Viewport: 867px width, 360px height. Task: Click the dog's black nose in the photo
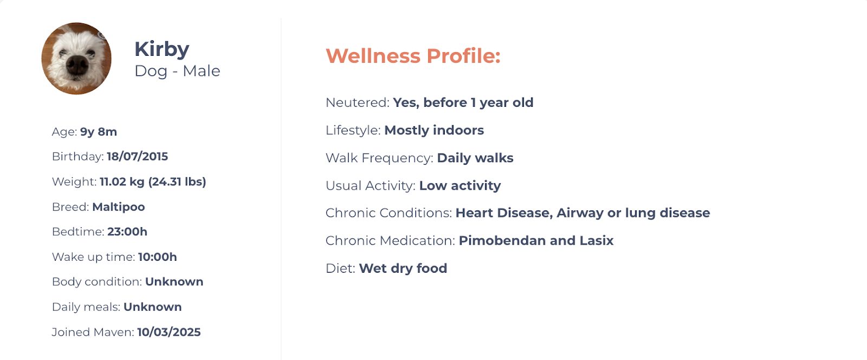tap(78, 65)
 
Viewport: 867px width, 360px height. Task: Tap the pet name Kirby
tap(162, 49)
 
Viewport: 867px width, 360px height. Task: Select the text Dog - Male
tap(177, 71)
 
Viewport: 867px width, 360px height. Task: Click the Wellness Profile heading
tap(413, 56)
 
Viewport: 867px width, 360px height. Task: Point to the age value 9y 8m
tap(98, 132)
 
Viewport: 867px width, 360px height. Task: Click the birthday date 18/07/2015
tap(138, 156)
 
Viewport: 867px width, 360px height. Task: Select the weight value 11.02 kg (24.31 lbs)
tap(153, 182)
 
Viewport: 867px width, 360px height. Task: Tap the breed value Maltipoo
tap(119, 207)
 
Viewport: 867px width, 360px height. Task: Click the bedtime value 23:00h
tap(127, 232)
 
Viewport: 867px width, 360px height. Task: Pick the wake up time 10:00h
tap(158, 256)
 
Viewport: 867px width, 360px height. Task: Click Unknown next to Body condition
tap(174, 281)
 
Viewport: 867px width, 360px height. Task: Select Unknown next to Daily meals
tap(152, 306)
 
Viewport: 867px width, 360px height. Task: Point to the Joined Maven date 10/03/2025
tap(169, 332)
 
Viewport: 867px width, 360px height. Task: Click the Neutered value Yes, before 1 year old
tap(463, 102)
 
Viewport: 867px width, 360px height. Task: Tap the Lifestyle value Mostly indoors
tap(434, 130)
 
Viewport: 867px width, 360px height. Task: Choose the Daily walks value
tap(475, 158)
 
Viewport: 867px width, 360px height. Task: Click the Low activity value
tap(460, 185)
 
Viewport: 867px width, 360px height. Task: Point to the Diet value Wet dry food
tap(403, 268)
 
